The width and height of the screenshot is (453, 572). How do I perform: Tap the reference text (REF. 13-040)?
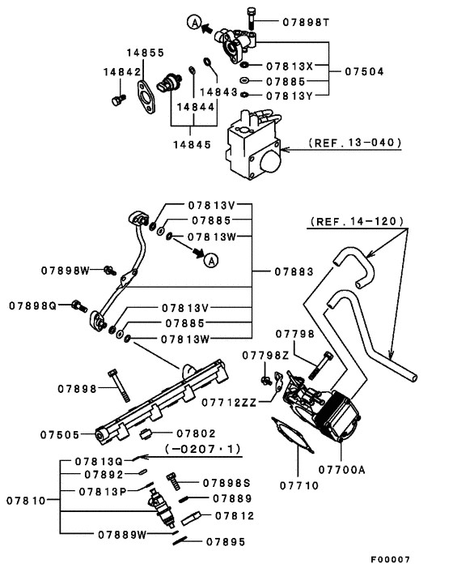tap(354, 143)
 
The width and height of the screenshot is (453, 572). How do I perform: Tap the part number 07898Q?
tap(33, 306)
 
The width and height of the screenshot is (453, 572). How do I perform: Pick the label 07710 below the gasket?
tap(298, 485)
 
